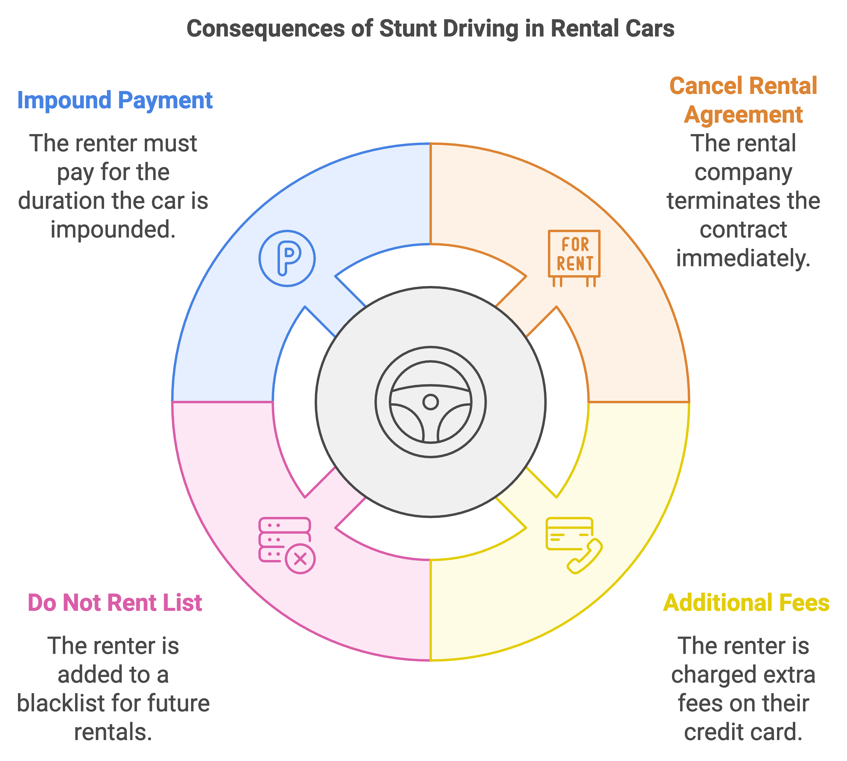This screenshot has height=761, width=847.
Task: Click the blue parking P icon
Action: [x=287, y=258]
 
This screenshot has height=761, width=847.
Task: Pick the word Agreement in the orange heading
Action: [x=743, y=115]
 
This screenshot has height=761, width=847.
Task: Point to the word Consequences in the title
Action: [x=266, y=29]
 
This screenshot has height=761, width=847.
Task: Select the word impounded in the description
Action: [x=113, y=229]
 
